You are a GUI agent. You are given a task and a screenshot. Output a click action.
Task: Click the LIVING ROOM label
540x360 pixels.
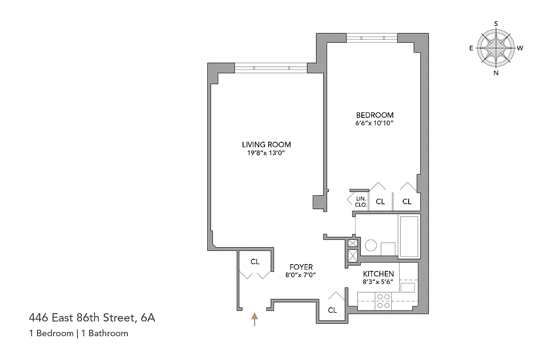[266, 144]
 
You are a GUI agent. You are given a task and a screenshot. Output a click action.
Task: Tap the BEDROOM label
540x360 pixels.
[375, 115]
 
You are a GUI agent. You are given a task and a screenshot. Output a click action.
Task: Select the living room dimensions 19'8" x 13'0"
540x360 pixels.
[266, 153]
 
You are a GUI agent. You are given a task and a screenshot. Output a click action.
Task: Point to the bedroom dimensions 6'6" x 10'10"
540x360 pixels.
[375, 123]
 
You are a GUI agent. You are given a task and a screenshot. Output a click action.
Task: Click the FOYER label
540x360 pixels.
[301, 267]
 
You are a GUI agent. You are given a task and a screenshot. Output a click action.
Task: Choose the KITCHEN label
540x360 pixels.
[378, 274]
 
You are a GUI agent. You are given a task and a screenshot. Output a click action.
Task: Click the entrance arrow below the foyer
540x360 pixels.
[254, 319]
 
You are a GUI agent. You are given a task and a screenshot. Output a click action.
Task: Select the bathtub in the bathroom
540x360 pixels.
[409, 237]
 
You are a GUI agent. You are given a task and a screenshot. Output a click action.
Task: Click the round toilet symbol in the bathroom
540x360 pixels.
[371, 245]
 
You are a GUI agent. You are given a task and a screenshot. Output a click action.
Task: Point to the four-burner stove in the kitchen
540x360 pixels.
[383, 301]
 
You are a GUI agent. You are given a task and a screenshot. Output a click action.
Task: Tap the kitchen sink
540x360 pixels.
[408, 288]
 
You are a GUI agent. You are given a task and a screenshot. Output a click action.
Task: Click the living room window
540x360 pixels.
[270, 68]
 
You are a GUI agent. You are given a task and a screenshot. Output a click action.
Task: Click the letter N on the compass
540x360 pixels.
[496, 73]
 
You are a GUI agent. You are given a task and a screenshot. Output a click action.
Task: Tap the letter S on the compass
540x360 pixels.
[496, 23]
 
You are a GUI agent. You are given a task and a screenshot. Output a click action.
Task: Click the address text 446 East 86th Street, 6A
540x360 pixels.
[92, 318]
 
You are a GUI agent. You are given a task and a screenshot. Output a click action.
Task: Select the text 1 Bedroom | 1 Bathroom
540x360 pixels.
[79, 333]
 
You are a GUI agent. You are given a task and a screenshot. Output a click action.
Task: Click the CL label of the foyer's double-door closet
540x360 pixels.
[255, 261]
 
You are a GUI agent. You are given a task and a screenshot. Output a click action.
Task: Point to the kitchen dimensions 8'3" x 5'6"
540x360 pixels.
[378, 282]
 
